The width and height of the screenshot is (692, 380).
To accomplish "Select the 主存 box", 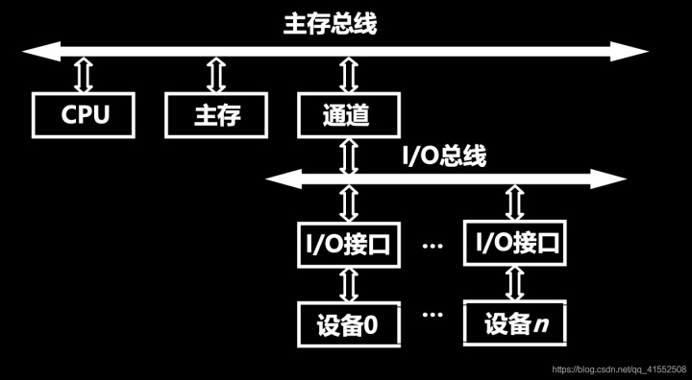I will [217, 115].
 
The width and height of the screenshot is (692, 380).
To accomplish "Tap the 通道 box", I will [347, 115].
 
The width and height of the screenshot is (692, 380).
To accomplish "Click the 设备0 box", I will [347, 324].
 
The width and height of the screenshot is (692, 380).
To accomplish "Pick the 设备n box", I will [509, 324].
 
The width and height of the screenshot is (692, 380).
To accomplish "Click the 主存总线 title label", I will [331, 24].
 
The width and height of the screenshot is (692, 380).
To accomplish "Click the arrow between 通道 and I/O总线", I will [347, 155].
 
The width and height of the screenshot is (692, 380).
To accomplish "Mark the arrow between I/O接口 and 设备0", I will [347, 284].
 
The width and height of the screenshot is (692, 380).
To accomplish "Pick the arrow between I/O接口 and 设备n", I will [509, 284].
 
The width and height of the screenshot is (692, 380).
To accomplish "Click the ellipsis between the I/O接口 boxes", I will [432, 246].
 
